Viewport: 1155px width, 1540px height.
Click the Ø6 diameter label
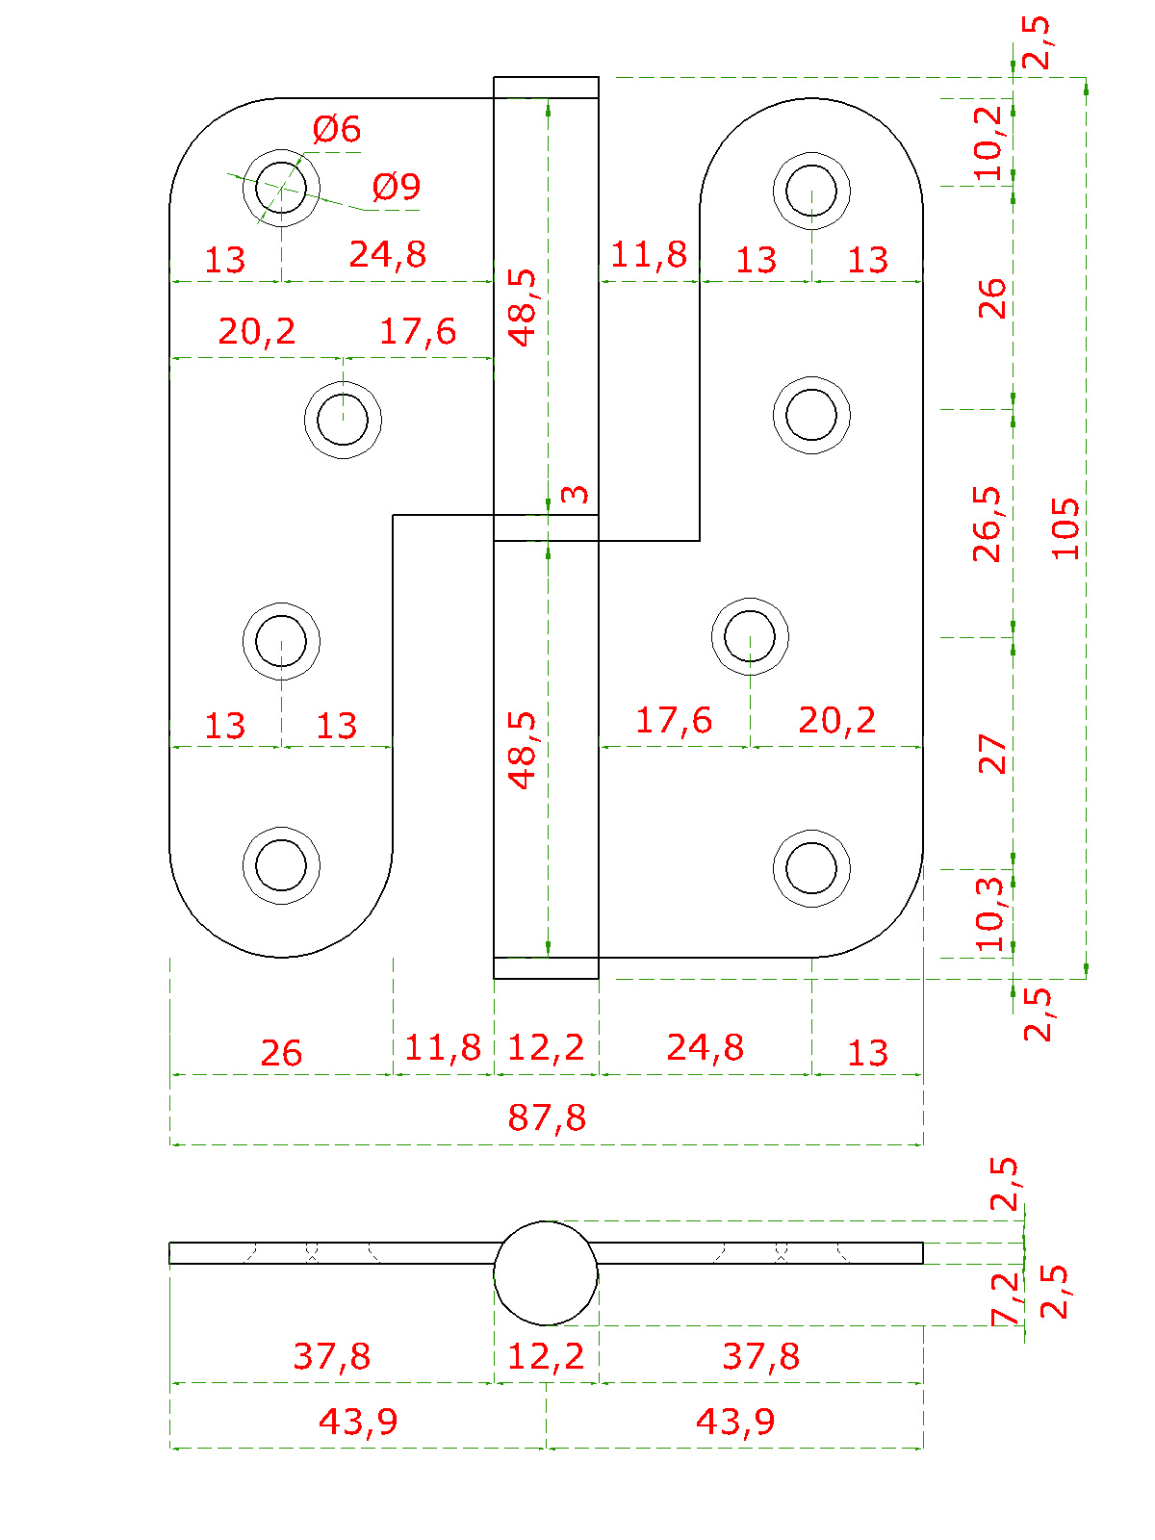click(x=337, y=129)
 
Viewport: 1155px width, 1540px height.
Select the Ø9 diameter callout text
click(x=397, y=187)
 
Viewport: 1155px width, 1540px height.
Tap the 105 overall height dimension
click(x=1065, y=528)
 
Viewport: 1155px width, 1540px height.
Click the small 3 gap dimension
click(x=575, y=494)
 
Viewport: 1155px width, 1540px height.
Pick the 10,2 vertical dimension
click(x=989, y=142)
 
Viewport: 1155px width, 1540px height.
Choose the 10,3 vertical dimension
click(x=989, y=912)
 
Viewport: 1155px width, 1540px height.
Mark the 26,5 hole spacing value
click(x=988, y=525)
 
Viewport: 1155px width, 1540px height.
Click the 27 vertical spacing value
click(x=991, y=755)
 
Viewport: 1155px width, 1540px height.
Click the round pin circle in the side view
click(x=546, y=1272)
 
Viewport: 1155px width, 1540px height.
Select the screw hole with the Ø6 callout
click(x=281, y=188)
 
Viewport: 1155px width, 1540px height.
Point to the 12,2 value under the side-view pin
click(x=546, y=1355)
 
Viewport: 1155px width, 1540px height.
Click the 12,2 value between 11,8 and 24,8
click(x=546, y=1047)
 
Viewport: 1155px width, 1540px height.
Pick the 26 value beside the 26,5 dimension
click(x=991, y=298)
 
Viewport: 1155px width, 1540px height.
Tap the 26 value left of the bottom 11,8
click(x=281, y=1052)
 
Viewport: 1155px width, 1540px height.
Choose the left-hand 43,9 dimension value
click(x=358, y=1422)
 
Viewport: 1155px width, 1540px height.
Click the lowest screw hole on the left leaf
click(x=281, y=865)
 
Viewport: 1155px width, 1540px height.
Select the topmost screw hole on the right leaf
click(x=811, y=191)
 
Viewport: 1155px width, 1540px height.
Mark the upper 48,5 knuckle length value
click(x=522, y=307)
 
